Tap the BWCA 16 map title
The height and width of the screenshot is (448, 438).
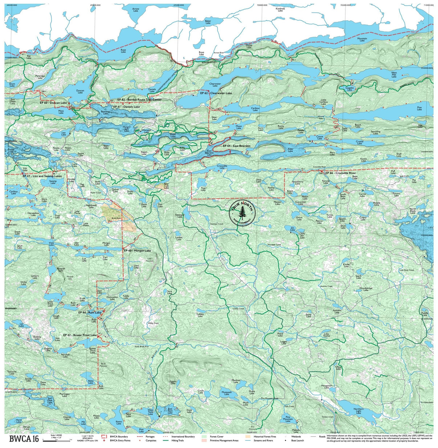[24, 439]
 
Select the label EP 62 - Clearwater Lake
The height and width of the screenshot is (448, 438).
[216, 93]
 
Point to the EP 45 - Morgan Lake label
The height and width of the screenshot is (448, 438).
[137, 251]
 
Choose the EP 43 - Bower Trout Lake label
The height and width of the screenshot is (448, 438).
[80, 335]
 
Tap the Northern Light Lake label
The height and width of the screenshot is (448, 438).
[358, 411]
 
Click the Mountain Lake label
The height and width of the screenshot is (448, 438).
[362, 39]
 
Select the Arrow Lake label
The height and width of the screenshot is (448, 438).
[135, 10]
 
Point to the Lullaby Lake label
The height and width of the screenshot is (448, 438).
[200, 315]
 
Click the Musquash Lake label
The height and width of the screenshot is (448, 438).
[227, 393]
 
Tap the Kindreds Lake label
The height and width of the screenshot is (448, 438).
[280, 9]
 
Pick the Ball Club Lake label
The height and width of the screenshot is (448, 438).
[50, 400]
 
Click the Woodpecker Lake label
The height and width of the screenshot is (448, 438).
[366, 289]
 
